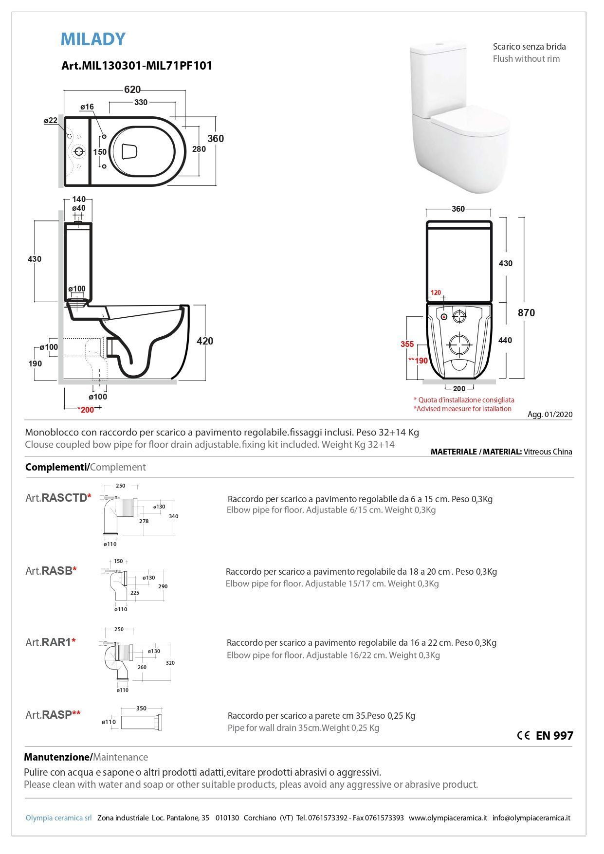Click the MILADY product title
[x=93, y=39]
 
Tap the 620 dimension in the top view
[x=132, y=90]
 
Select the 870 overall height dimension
[x=526, y=313]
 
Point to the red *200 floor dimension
[x=86, y=410]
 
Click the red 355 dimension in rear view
[x=407, y=344]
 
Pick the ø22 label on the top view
[x=51, y=120]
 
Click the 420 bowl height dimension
[x=204, y=341]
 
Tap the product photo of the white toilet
[x=459, y=117]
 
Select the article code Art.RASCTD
[x=58, y=498]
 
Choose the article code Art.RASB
[x=51, y=571]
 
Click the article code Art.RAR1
[x=50, y=642]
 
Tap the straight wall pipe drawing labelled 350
[x=142, y=722]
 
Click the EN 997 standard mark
[x=554, y=736]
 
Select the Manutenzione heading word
[x=57, y=757]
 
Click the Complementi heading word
[x=56, y=467]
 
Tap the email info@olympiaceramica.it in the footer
[x=531, y=818]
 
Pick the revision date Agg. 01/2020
[x=550, y=415]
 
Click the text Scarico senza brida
[x=529, y=47]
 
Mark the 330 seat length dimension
[x=141, y=102]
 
